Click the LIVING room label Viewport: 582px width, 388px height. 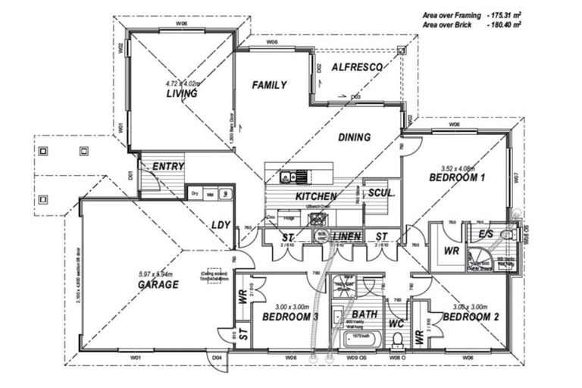coord(182,94)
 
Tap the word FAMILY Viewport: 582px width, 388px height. coord(269,85)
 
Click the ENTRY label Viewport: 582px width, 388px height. coord(168,166)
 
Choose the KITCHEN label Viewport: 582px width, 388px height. coord(310,196)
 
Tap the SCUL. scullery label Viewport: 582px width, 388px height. coord(381,193)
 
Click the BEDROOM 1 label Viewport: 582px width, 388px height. coord(457,177)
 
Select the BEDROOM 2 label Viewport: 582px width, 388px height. coord(471,317)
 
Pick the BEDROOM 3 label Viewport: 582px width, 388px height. coord(289,317)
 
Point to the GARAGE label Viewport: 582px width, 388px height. coord(158,285)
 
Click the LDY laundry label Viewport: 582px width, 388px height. coord(221,225)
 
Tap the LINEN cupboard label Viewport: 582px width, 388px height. coord(346,236)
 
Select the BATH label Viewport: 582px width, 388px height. coord(365,314)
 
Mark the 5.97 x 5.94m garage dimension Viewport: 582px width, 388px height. coord(157,274)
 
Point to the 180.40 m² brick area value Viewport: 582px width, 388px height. coord(504,25)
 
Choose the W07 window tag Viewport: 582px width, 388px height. coord(515,179)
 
